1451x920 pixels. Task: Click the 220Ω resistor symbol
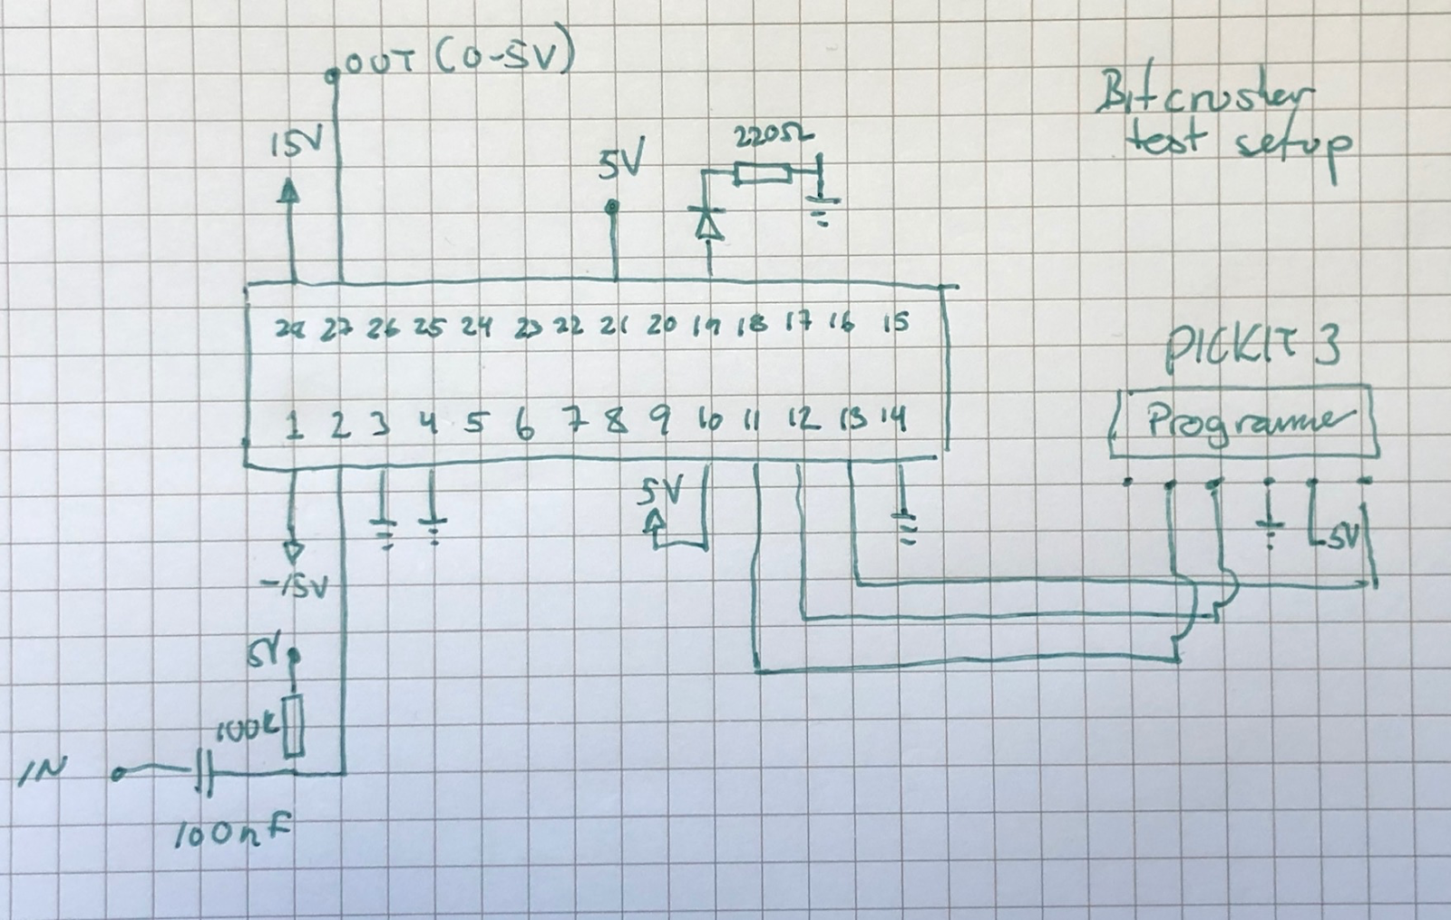[x=763, y=173]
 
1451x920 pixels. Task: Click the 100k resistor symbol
[x=293, y=727]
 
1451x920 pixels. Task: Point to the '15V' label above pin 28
[x=290, y=144]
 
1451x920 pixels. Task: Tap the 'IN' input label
[x=42, y=771]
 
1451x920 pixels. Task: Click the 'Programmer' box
[x=1244, y=423]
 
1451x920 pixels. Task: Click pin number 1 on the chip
[x=293, y=425]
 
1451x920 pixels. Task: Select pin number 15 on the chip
[x=895, y=323]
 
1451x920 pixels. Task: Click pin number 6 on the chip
[x=523, y=425]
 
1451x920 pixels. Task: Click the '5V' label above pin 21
[x=621, y=163]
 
